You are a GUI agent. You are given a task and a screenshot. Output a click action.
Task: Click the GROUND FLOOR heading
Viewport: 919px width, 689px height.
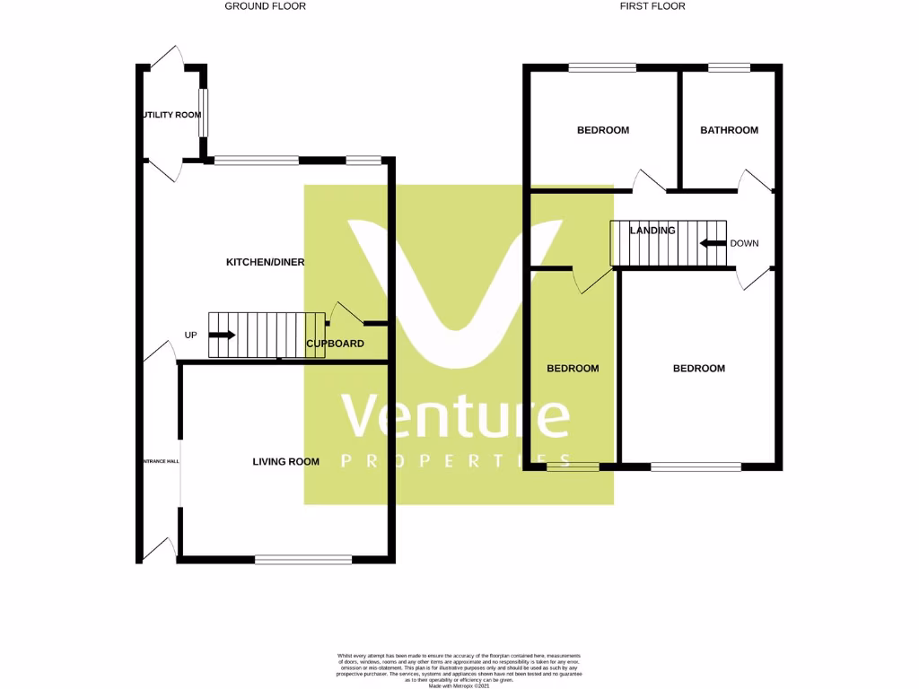pos(265,6)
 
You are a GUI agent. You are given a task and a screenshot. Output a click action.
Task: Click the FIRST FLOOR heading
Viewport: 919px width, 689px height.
pos(652,6)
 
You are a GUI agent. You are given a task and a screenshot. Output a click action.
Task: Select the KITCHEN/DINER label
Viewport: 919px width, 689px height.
pos(265,262)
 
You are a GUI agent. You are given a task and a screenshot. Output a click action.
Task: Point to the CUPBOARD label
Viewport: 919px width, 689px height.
pos(335,344)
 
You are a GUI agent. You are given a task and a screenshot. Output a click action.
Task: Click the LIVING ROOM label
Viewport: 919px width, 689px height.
pos(285,462)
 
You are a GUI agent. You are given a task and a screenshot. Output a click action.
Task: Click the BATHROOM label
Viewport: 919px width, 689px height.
pos(729,130)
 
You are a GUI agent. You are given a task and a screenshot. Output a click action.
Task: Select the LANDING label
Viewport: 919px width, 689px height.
pos(652,231)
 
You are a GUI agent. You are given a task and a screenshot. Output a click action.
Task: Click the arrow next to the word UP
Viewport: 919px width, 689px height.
pos(222,336)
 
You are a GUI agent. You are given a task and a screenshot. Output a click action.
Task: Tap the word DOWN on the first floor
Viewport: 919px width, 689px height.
pos(744,243)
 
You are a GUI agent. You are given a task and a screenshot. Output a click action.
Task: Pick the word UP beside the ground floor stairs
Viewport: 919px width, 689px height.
pos(190,336)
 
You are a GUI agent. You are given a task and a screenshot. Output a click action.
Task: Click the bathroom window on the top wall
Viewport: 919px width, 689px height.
pos(729,66)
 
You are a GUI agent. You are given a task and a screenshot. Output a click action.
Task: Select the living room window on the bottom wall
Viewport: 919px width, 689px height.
pos(303,560)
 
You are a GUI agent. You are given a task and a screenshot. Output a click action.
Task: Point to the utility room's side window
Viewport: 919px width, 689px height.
pos(204,112)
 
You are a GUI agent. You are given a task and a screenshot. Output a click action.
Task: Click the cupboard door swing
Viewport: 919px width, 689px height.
pos(346,314)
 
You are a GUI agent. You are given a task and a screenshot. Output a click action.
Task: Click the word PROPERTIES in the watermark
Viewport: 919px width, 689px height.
pos(456,461)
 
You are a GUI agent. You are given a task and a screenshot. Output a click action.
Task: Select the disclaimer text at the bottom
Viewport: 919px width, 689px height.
pos(459,668)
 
